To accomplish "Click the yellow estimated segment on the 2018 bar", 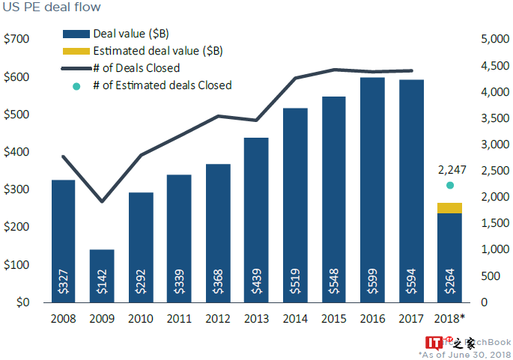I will (x=449, y=208).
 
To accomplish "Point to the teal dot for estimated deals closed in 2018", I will (x=450, y=185).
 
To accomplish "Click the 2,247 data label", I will (x=449, y=170).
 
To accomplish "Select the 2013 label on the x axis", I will (x=256, y=319).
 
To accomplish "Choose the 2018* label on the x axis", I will (x=451, y=319).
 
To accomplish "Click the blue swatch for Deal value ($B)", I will (x=74, y=34).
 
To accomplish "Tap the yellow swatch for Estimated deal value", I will (x=74, y=52).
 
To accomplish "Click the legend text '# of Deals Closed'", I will (x=136, y=68).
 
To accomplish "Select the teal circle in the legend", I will (x=76, y=86).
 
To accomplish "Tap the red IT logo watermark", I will (x=434, y=344).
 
